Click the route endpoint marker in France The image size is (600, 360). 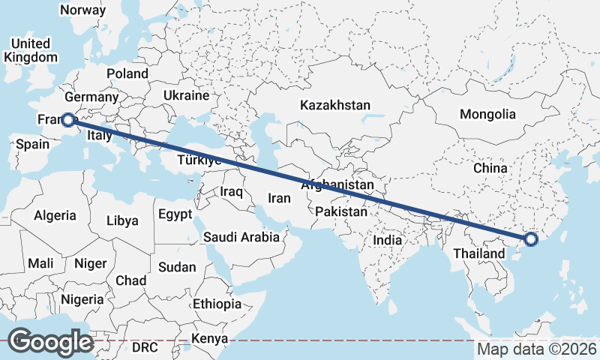[67, 119]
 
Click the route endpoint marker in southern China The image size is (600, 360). [531, 239]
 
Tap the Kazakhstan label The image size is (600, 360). [334, 105]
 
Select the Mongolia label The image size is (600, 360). [487, 115]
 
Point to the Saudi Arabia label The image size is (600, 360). [241, 238]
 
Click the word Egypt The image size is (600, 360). [175, 214]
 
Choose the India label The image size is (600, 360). [388, 241]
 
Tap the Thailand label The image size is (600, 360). [478, 254]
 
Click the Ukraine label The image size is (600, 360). [185, 96]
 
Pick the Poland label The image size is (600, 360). [127, 73]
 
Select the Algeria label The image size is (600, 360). [55, 215]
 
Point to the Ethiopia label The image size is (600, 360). [217, 304]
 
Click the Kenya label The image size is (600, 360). [209, 339]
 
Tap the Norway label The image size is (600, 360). [82, 10]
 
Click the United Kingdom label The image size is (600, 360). [30, 50]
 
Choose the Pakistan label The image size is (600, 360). [341, 212]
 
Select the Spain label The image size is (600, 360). [32, 145]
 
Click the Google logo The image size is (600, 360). [50, 342]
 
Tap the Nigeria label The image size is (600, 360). [82, 299]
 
